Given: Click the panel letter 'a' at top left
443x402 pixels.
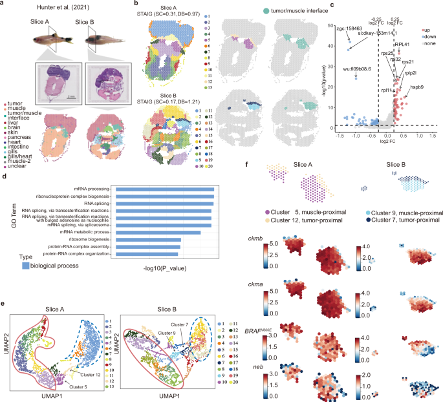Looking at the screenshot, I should click(x=4, y=5).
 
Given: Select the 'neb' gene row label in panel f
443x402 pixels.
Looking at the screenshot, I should click(x=254, y=365).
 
